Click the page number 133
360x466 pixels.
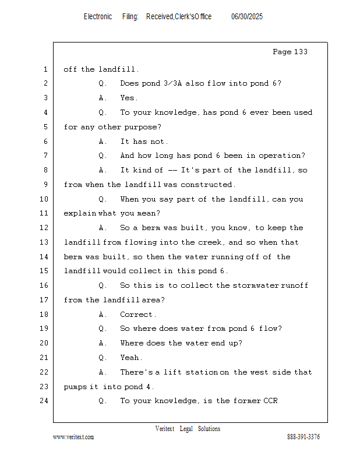click(301, 52)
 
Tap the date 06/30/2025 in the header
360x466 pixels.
click(247, 17)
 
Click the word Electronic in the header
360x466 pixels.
click(98, 17)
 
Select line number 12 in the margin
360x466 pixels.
click(44, 228)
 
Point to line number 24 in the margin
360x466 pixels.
click(44, 401)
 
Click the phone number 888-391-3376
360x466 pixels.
click(303, 437)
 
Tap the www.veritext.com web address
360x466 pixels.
click(73, 437)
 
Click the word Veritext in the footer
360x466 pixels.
click(165, 429)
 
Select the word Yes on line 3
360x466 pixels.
click(128, 98)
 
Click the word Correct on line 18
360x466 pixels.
click(136, 315)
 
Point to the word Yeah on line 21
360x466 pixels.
click(130, 358)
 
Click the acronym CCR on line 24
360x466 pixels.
click(270, 401)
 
